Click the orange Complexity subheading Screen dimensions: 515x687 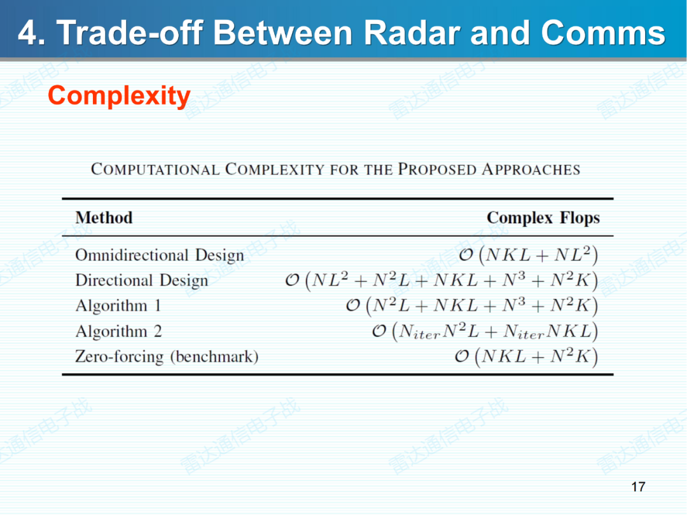pyautogui.click(x=119, y=96)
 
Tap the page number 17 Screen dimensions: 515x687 pyautogui.click(x=638, y=487)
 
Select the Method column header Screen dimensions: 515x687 pyautogui.click(x=104, y=218)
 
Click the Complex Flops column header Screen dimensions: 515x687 pyautogui.click(x=543, y=218)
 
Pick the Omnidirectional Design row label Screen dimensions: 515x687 pyautogui.click(x=159, y=256)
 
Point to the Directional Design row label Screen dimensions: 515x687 pyautogui.click(x=141, y=281)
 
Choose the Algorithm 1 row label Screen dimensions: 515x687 pyautogui.click(x=118, y=306)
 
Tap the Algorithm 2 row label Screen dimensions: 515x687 pyautogui.click(x=118, y=332)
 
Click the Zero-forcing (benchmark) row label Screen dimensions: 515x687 pyautogui.click(x=167, y=357)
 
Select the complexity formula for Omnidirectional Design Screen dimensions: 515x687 pyautogui.click(x=529, y=256)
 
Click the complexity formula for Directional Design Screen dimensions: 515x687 pyautogui.click(x=441, y=281)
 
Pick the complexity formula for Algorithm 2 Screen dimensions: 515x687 pyautogui.click(x=485, y=332)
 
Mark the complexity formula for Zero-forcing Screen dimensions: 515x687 pyautogui.click(x=527, y=357)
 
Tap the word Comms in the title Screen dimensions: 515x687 pyautogui.click(x=603, y=33)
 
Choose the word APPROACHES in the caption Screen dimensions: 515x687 pyautogui.click(x=531, y=170)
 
